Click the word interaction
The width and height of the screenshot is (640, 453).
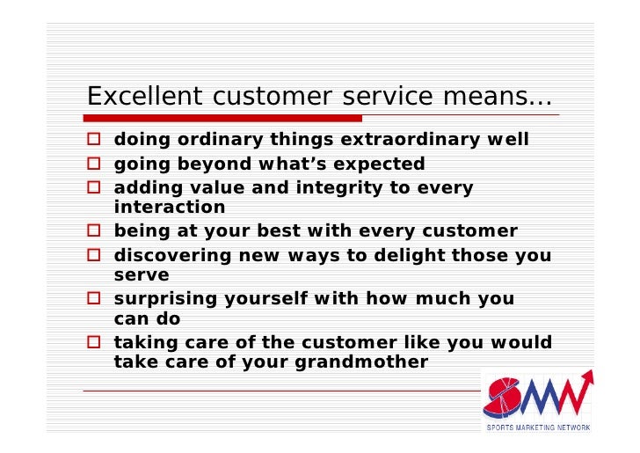pyautogui.click(x=170, y=208)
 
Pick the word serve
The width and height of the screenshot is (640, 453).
pyautogui.click(x=141, y=275)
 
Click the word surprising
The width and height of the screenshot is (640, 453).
pyautogui.click(x=164, y=299)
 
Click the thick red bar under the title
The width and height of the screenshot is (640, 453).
pyautogui.click(x=223, y=118)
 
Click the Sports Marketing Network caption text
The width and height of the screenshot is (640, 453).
pyautogui.click(x=538, y=427)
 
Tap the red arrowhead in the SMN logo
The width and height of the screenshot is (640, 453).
pyautogui.click(x=585, y=377)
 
